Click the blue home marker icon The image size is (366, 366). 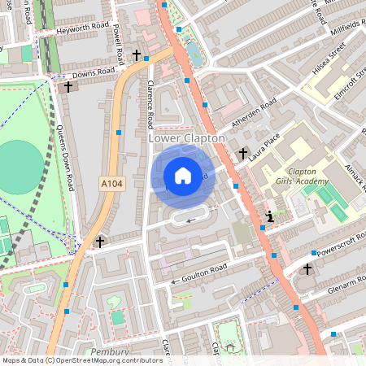pos(183,175)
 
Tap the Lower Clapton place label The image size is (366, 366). pos(186,139)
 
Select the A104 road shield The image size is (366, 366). pos(112,185)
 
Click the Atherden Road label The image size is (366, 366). pos(255,113)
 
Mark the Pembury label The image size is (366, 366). pos(111,351)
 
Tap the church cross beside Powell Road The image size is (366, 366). pos(137,56)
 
